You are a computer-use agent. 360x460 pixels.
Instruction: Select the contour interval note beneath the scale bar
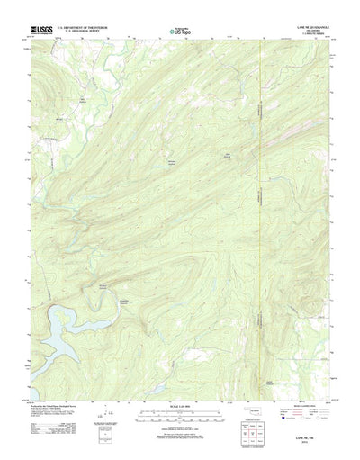click(180, 428)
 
